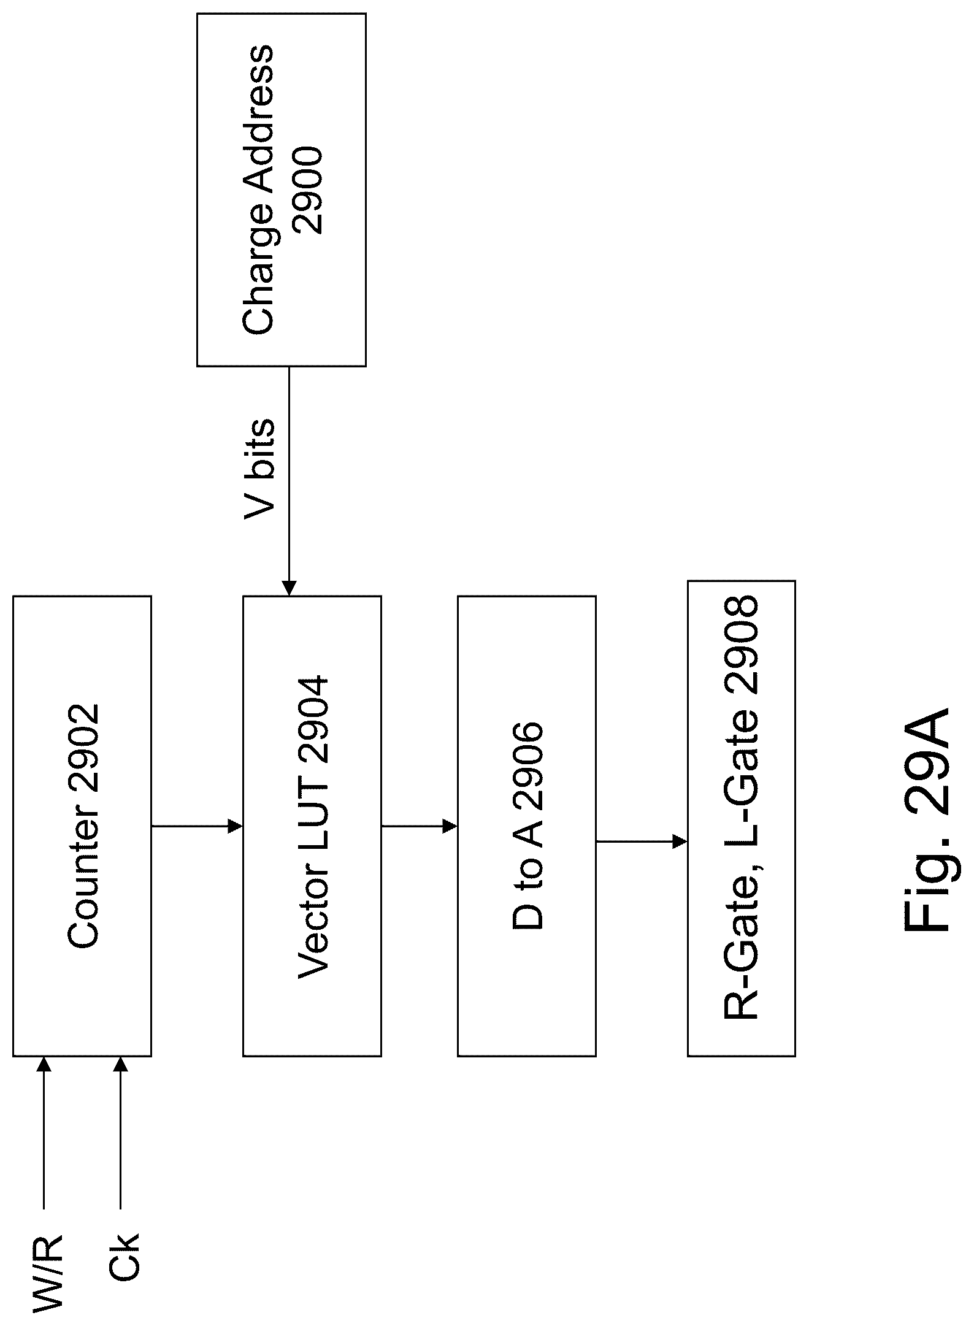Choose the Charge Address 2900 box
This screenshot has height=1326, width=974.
[281, 190]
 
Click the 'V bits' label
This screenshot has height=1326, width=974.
[259, 470]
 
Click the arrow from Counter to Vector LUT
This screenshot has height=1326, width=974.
[197, 826]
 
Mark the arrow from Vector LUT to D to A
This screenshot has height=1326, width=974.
[419, 826]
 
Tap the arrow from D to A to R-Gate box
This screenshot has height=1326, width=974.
[641, 841]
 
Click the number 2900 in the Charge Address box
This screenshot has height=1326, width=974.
[307, 190]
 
